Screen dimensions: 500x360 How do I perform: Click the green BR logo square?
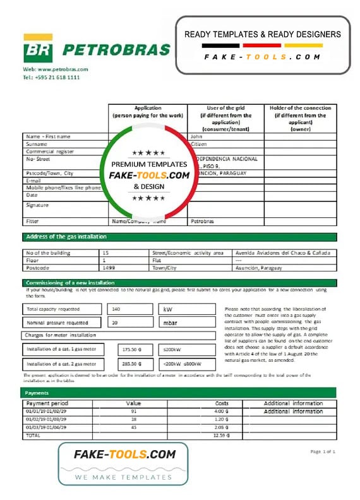click(x=38, y=50)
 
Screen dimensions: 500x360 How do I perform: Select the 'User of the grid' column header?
click(x=225, y=118)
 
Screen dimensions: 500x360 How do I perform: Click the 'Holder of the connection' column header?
click(x=300, y=118)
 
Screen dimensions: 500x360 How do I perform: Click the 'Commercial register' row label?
click(x=50, y=152)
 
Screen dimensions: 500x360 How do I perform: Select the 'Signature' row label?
click(x=37, y=205)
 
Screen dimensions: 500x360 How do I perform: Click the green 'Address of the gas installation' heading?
click(x=66, y=237)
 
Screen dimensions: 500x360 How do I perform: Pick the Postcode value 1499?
click(x=110, y=268)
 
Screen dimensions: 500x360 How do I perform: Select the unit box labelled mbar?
click(x=170, y=323)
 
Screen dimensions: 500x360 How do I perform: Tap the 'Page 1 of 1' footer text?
click(x=323, y=451)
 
